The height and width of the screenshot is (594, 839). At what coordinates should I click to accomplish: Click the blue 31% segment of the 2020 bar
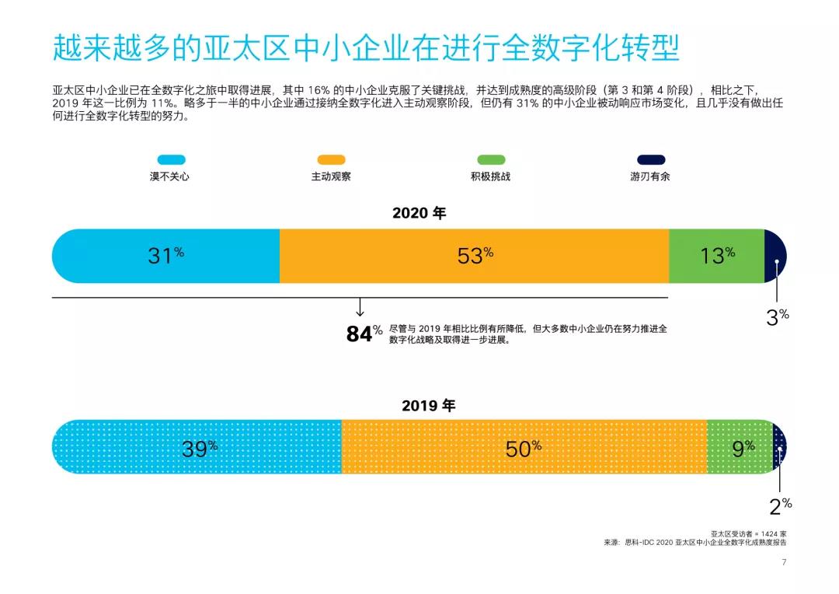[165, 256]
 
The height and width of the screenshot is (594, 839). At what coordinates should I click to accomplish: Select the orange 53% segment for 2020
[474, 256]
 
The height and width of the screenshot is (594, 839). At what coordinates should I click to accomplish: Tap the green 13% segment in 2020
[716, 256]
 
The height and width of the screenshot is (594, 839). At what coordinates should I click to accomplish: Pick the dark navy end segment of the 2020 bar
[775, 256]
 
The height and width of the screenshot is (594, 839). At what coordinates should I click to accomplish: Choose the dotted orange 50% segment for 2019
[524, 448]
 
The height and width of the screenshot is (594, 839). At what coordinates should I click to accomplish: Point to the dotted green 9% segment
[740, 448]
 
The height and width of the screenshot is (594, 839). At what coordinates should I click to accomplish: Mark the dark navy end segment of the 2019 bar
[780, 448]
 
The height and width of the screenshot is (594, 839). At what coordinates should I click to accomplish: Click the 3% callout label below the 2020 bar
[777, 317]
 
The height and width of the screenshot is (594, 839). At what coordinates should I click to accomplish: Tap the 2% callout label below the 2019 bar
[779, 507]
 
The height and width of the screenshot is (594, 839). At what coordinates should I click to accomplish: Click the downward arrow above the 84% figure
[360, 307]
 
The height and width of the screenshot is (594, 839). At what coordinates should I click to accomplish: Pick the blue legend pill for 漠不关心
[169, 160]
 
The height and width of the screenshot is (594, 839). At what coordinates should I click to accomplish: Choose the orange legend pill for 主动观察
[331, 160]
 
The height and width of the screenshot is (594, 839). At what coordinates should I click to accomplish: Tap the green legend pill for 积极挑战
[490, 160]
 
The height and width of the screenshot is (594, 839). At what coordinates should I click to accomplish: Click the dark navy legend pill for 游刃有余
[649, 160]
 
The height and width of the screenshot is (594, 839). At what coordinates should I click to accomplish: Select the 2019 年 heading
[428, 406]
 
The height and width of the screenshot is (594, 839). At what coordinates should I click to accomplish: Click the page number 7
[784, 562]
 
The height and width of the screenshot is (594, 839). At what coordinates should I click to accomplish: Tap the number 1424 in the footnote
[765, 534]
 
